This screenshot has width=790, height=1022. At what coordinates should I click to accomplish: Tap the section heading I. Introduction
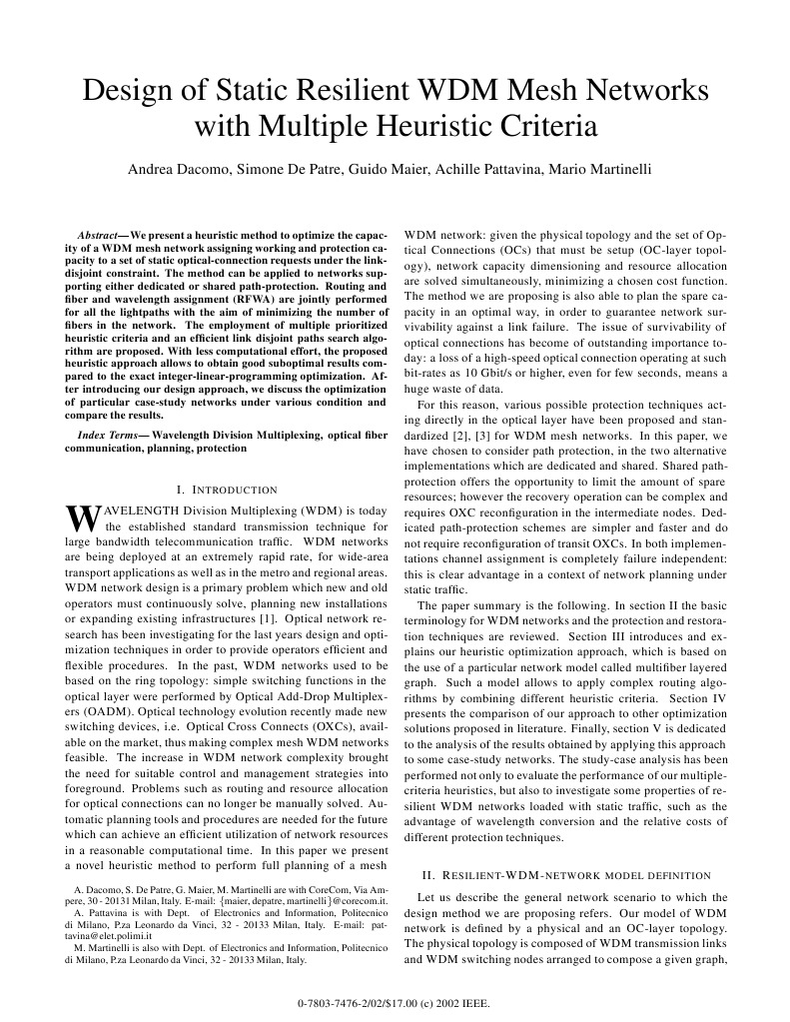(x=226, y=490)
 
